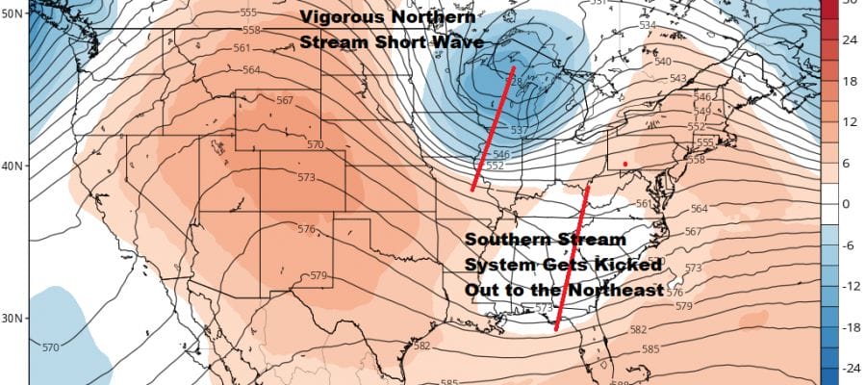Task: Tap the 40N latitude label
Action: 11,166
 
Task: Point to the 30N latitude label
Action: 11,319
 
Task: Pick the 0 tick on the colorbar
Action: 847,204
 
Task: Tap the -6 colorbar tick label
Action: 849,244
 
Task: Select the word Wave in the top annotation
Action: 460,42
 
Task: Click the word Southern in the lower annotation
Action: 503,239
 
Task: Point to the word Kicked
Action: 628,264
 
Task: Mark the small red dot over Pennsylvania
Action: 625,165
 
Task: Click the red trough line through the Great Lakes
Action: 494,129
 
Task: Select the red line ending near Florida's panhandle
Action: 573,258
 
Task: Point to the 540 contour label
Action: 689,62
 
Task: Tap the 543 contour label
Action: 704,78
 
